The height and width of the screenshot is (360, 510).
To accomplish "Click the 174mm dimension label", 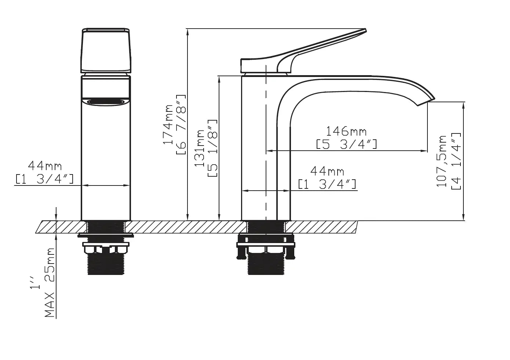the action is pyautogui.click(x=168, y=124).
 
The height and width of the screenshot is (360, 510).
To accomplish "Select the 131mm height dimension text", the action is pyautogui.click(x=199, y=148).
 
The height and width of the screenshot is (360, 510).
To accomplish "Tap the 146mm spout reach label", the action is pyautogui.click(x=346, y=131).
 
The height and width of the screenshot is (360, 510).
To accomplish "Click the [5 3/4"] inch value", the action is pyautogui.click(x=346, y=144).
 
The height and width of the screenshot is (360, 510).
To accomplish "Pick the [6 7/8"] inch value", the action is pyautogui.click(x=181, y=125).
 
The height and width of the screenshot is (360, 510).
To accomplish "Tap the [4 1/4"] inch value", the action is pyautogui.click(x=456, y=161).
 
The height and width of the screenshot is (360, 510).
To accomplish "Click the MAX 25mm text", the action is pyautogui.click(x=50, y=283).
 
